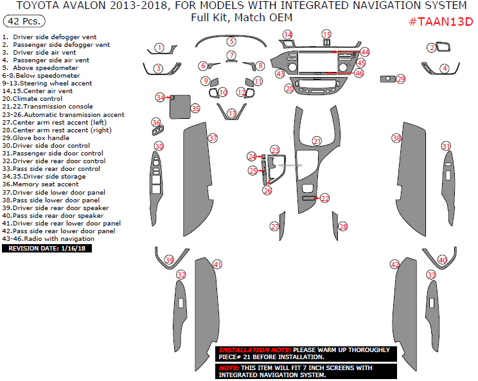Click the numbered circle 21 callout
click(x=317, y=141)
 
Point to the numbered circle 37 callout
click(x=213, y=138)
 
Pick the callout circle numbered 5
click(x=231, y=41)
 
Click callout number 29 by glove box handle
click(x=401, y=79)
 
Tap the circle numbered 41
click(x=218, y=264)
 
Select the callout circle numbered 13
click(x=232, y=114)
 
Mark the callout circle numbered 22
click(x=325, y=199)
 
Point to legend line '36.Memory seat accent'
click(x=40, y=184)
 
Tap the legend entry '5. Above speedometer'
click(x=40, y=67)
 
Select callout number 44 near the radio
click(x=365, y=51)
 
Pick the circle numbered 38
click(x=396, y=138)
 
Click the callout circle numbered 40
click(x=442, y=260)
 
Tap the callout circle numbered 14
click(x=287, y=34)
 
